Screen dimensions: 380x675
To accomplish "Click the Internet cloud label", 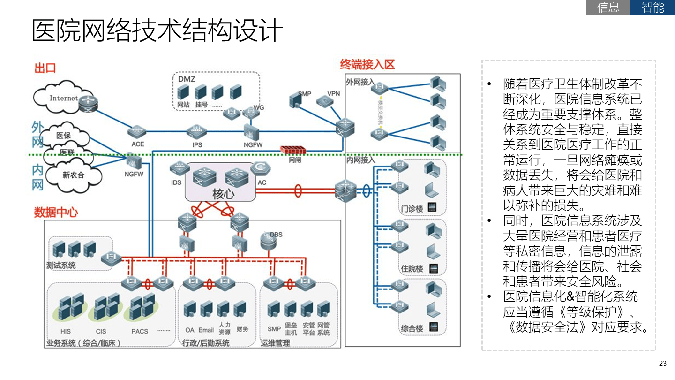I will click(64, 98).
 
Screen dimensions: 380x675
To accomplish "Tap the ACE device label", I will click(138, 144).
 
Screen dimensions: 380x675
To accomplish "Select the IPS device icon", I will click(196, 131).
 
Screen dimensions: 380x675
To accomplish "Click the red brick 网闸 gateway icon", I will click(293, 150).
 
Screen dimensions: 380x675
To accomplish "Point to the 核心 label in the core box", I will click(224, 194).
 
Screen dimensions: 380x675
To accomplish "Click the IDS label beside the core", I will click(176, 182).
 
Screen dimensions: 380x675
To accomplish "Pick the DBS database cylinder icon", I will click(268, 241).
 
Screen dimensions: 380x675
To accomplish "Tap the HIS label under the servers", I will click(66, 331).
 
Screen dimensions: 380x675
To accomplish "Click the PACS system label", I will click(140, 331).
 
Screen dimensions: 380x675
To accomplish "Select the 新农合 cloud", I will click(74, 175).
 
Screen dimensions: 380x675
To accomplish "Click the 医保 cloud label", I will click(63, 135).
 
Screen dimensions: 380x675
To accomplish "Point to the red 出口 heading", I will click(45, 68).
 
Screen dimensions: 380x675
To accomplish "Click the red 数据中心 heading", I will click(56, 213).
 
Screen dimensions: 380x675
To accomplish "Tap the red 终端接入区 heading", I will click(367, 65).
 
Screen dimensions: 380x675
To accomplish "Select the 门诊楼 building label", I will click(412, 208).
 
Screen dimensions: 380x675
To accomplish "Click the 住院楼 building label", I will click(412, 269).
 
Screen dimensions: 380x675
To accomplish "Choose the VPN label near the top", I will click(334, 93).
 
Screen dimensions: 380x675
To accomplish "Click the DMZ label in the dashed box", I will click(186, 79).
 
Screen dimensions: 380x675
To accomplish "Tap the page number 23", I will click(662, 364).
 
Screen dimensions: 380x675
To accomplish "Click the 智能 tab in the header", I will click(652, 8).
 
